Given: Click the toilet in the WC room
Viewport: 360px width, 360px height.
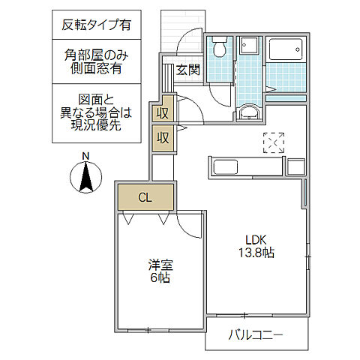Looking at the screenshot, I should click(219, 49).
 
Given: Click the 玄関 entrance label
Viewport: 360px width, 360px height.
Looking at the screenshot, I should click(187, 70).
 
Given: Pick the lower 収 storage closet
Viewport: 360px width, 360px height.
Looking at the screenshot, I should click(163, 137).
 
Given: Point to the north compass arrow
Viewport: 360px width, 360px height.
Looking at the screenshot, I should click(85, 178).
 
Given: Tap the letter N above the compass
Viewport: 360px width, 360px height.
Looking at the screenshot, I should click(85, 157).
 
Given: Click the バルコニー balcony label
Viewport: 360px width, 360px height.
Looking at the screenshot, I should click(257, 335).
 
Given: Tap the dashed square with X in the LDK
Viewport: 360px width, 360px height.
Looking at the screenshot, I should click(274, 142).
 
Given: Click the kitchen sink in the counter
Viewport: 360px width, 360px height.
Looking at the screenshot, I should click(226, 166).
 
